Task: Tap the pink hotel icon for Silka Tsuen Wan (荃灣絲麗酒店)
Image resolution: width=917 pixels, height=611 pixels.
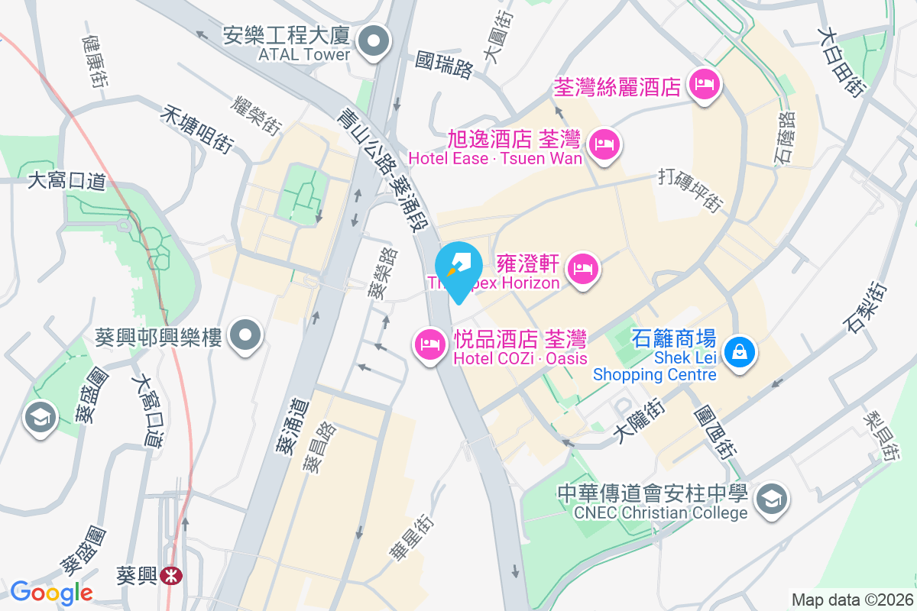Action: pyautogui.click(x=705, y=84)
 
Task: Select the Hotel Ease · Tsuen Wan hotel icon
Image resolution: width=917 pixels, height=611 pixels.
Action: pyautogui.click(x=605, y=143)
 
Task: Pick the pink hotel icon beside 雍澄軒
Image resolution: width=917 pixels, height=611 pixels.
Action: pyautogui.click(x=583, y=268)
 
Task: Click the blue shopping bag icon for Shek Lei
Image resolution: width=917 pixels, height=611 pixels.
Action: pyautogui.click(x=739, y=353)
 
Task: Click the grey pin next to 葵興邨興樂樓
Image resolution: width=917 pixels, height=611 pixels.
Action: pyautogui.click(x=247, y=335)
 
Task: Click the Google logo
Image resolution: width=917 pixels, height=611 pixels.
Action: pyautogui.click(x=51, y=593)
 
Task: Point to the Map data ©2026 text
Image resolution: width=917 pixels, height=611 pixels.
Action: pyautogui.click(x=851, y=600)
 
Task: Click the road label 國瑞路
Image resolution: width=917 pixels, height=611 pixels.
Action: pyautogui.click(x=444, y=66)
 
